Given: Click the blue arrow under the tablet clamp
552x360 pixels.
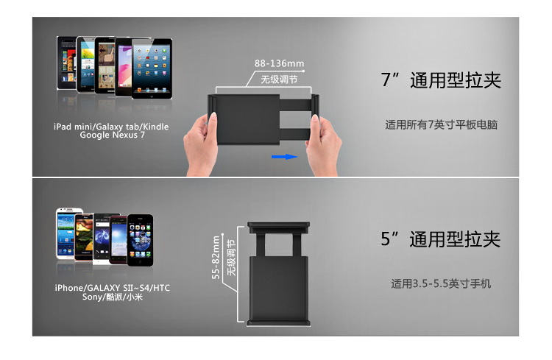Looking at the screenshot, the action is (x=284, y=157).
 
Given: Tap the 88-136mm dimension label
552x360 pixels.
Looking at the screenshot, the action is (x=279, y=63).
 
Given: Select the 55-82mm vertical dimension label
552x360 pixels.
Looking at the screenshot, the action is (x=216, y=258).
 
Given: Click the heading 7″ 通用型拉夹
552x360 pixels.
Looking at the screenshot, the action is (x=441, y=80).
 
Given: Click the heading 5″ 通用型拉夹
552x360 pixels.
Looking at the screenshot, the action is (x=441, y=239).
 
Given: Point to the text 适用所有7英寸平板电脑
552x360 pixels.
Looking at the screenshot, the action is (x=441, y=124).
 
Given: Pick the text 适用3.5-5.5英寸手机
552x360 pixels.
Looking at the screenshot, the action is (x=441, y=283).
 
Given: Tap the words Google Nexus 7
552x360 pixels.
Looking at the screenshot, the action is (x=112, y=135).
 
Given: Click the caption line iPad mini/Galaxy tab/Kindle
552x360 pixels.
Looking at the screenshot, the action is (x=111, y=127).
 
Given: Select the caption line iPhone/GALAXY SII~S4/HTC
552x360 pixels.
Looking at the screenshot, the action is (x=113, y=288).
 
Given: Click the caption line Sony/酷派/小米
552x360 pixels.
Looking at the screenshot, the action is (x=113, y=297).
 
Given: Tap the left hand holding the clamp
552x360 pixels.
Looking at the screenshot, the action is (x=201, y=144).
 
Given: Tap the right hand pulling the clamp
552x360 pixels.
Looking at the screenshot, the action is (x=323, y=144).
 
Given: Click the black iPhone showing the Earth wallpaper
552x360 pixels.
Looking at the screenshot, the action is (x=140, y=240).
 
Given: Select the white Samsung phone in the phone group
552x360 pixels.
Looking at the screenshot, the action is (x=66, y=233).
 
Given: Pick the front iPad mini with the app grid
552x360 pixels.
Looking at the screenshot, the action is (x=152, y=68).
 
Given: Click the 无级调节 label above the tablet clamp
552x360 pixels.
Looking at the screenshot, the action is (x=279, y=80).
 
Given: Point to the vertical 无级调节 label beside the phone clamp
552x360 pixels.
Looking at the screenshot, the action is (x=231, y=258).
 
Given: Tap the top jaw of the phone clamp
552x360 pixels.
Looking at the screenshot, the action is (x=278, y=227).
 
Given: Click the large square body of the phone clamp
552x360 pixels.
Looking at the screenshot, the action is (x=278, y=288).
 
